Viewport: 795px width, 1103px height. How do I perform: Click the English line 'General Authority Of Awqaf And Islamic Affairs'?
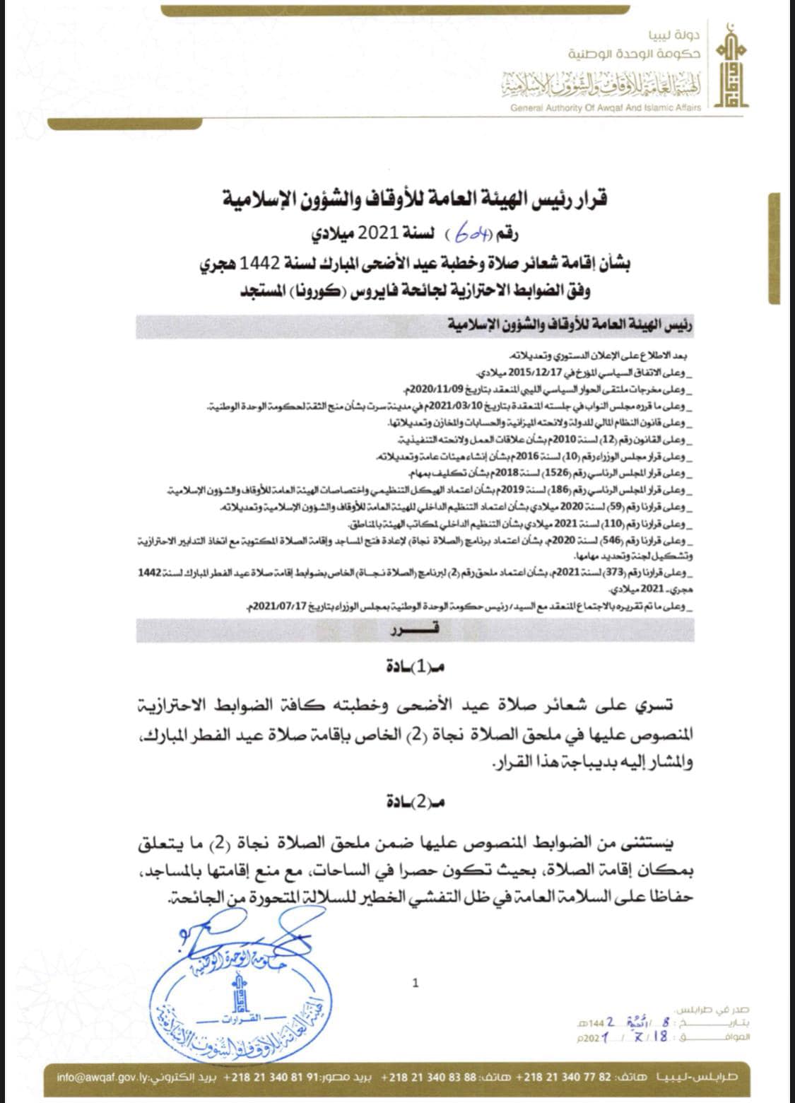point(606,107)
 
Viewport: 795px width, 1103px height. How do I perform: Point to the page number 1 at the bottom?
point(416,982)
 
